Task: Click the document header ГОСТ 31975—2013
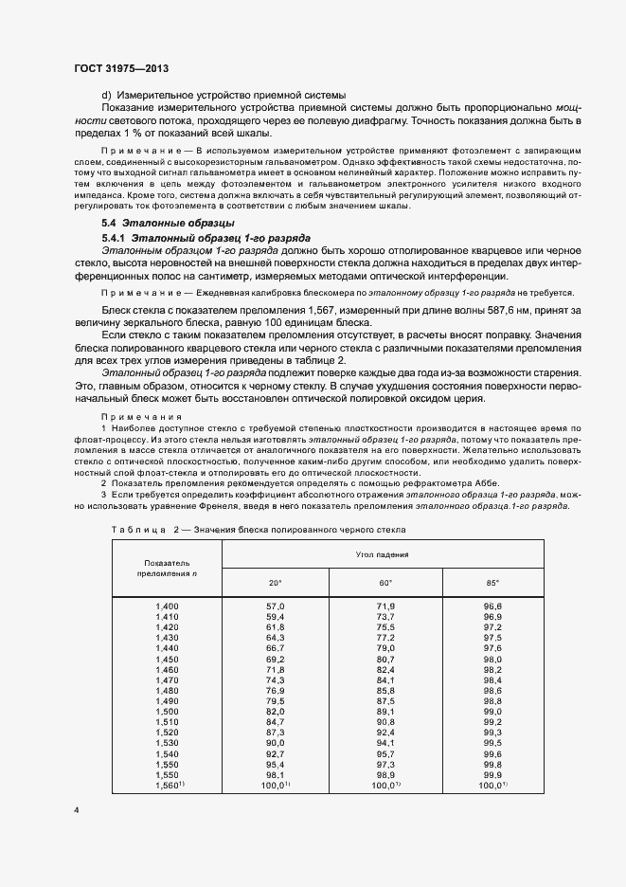point(120,68)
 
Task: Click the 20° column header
point(275,582)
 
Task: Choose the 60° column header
point(385,582)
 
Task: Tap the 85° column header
point(492,582)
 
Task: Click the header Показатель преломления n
point(166,567)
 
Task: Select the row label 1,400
point(166,606)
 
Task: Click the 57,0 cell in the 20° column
point(275,606)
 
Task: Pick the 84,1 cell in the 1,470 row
point(385,679)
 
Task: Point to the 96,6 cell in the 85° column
point(492,606)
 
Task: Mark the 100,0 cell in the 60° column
point(385,785)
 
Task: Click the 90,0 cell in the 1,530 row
point(275,743)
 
